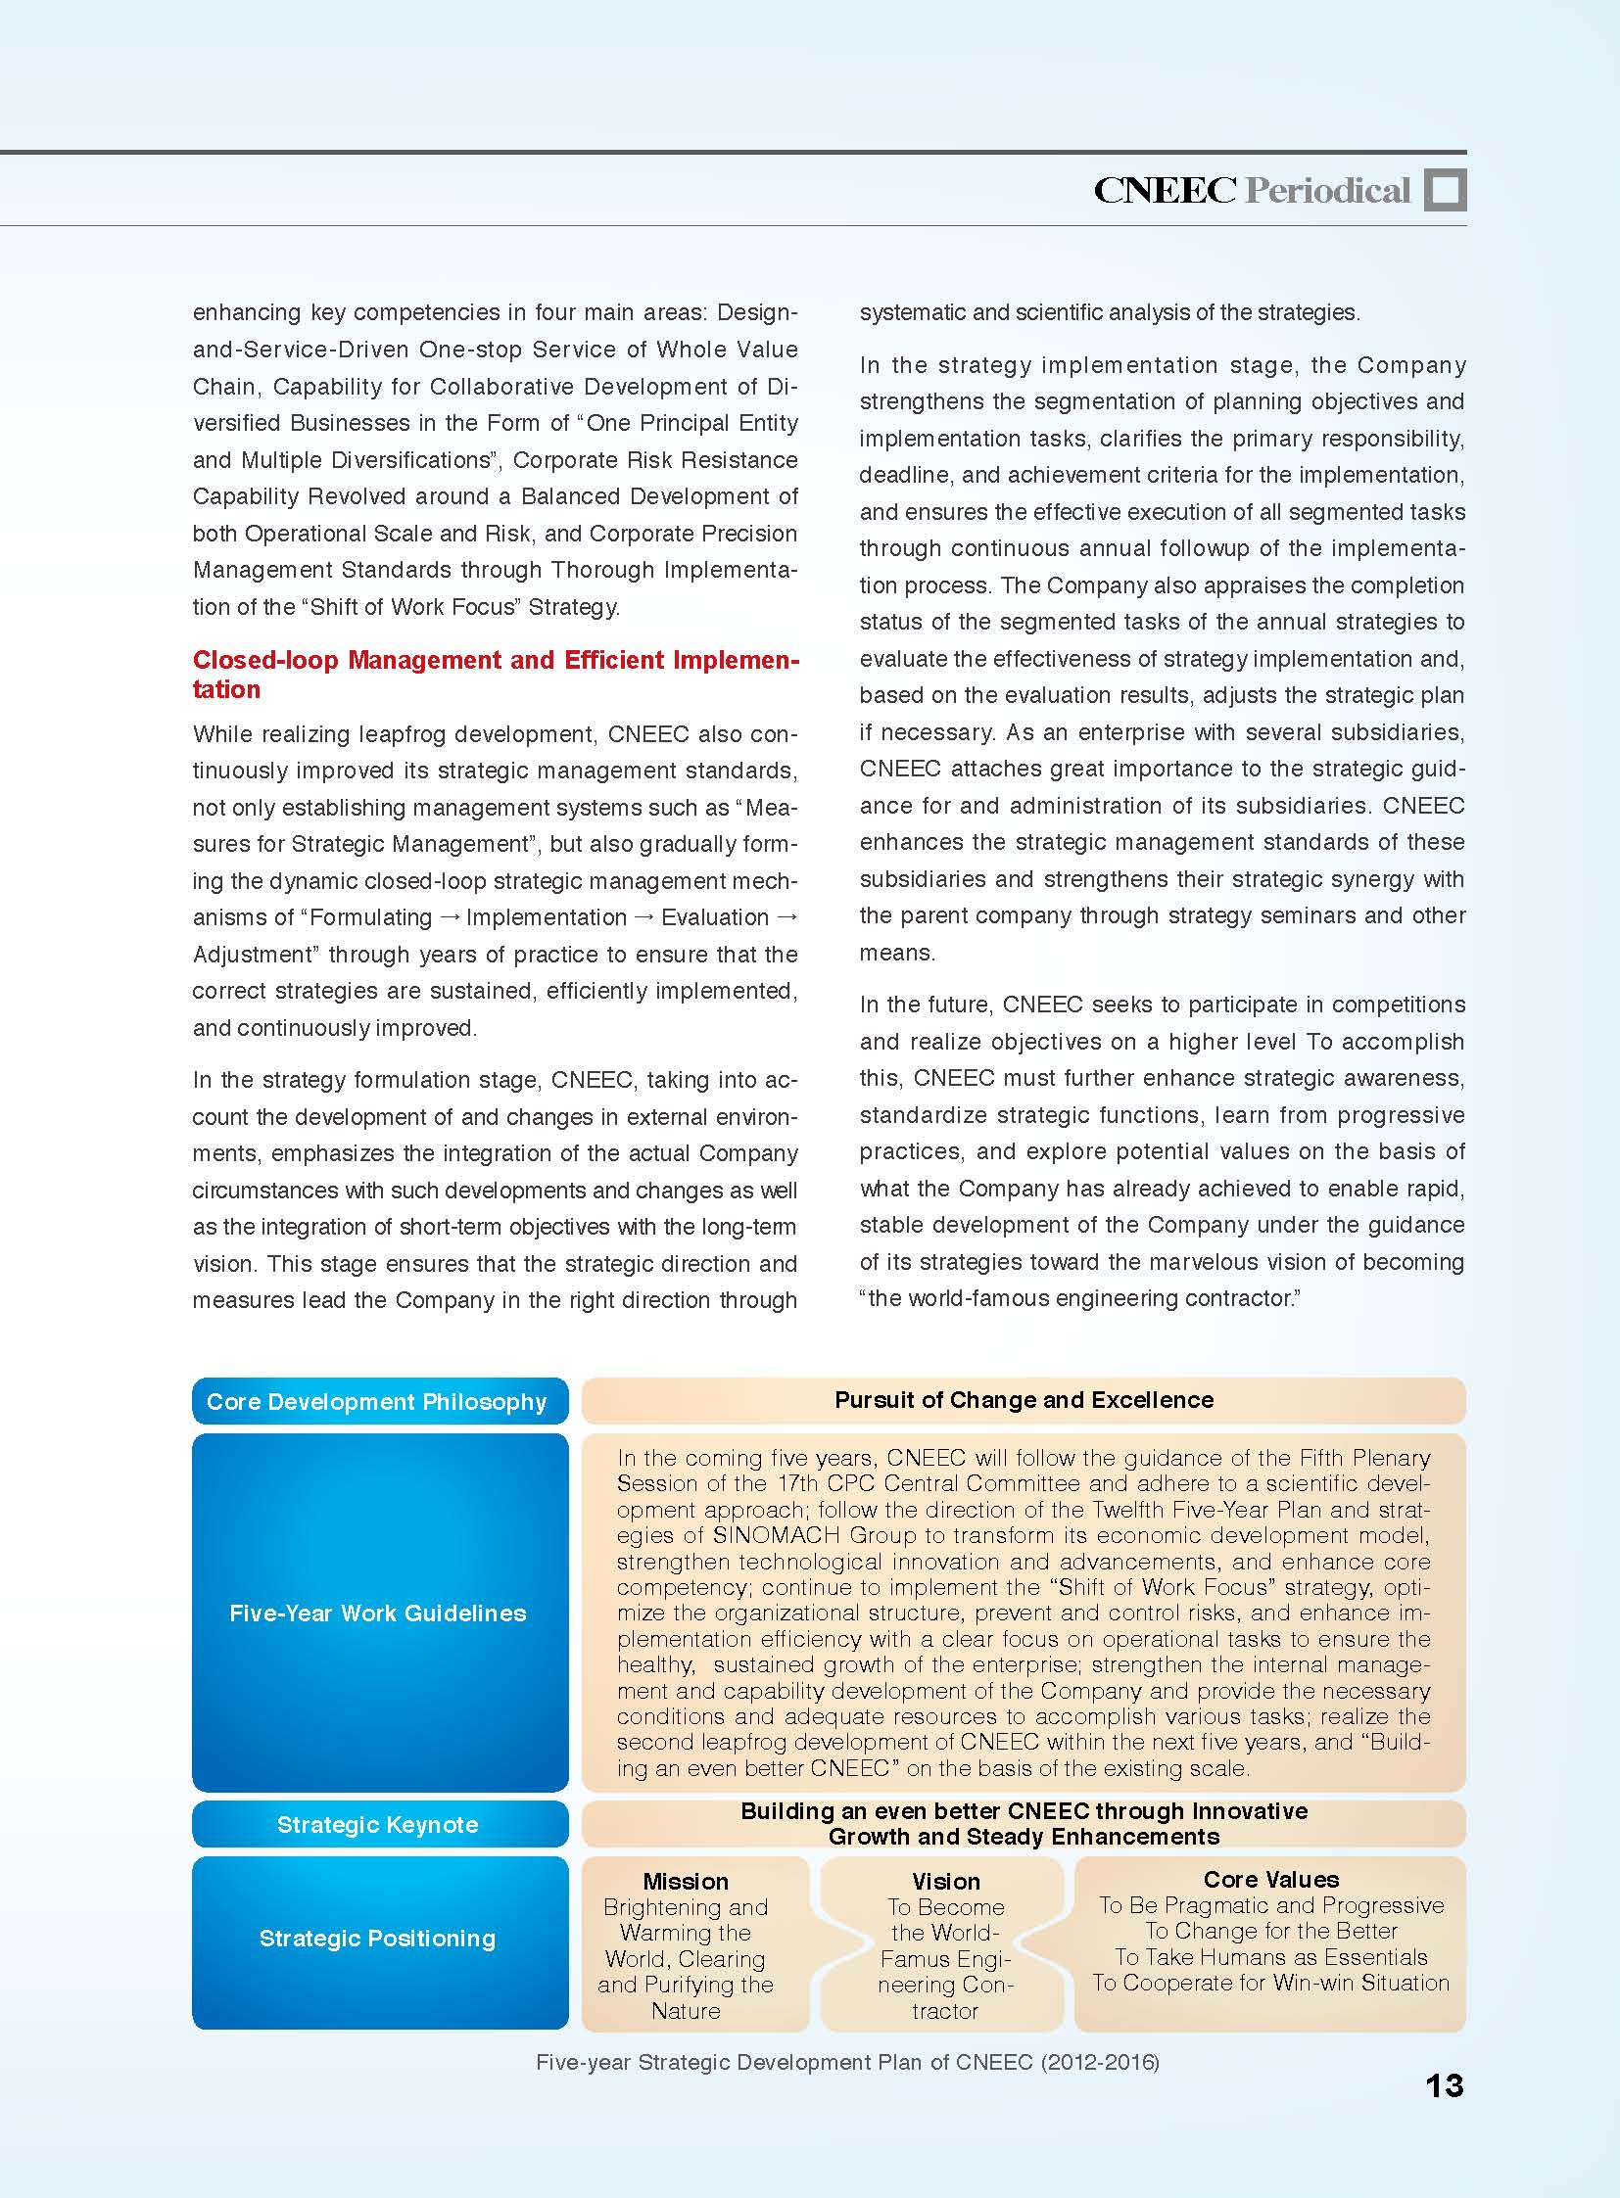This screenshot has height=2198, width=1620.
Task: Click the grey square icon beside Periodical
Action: click(1445, 189)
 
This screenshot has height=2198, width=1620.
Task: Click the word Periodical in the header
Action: click(1327, 190)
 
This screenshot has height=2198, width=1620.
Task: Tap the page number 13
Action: click(1445, 2085)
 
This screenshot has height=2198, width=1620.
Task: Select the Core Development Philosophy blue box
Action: click(379, 1401)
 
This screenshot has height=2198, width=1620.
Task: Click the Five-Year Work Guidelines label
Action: click(377, 1613)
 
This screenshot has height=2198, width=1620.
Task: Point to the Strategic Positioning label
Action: click(377, 1939)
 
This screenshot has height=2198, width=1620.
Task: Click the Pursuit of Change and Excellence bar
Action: click(1024, 1400)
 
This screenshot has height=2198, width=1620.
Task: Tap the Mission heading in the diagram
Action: click(686, 1882)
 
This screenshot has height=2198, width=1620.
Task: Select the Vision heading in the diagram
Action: click(945, 1882)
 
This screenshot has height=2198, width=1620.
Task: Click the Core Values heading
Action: click(1271, 1880)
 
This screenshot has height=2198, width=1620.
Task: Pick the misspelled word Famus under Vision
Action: click(912, 1959)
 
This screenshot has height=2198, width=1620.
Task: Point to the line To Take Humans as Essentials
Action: click(1271, 1957)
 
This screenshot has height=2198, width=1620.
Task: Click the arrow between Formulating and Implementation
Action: click(450, 917)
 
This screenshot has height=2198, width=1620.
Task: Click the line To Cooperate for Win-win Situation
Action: click(1271, 1983)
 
